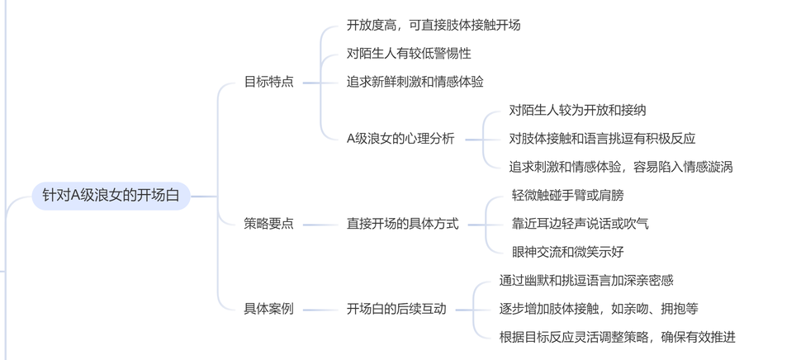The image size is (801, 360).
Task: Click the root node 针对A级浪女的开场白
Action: (x=111, y=196)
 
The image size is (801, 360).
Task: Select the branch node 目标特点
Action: (x=269, y=82)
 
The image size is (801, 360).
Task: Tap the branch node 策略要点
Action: (x=269, y=224)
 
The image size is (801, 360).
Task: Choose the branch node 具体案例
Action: (x=269, y=309)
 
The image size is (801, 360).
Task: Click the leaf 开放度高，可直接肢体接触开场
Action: (x=434, y=25)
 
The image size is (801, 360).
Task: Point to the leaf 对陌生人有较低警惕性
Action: (x=409, y=53)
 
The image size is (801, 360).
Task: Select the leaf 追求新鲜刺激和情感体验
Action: (x=415, y=82)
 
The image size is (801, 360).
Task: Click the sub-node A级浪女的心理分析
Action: (x=400, y=139)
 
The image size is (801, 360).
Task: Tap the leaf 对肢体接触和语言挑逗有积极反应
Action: (x=602, y=139)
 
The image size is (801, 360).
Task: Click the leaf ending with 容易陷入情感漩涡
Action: (x=621, y=167)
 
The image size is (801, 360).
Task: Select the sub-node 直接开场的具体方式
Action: (x=402, y=224)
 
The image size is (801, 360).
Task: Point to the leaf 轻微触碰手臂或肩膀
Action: (x=567, y=195)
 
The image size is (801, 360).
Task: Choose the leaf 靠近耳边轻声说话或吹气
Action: (x=581, y=224)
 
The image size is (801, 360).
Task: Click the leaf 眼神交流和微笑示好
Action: (x=567, y=252)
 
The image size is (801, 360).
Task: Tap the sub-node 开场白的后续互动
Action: (x=396, y=309)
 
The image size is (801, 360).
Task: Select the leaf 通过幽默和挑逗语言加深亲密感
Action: (x=586, y=281)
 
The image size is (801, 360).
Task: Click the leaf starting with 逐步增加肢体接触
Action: (x=599, y=309)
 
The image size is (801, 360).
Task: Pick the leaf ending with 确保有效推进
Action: (x=618, y=337)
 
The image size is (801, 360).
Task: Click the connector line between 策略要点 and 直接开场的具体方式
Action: (x=320, y=224)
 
